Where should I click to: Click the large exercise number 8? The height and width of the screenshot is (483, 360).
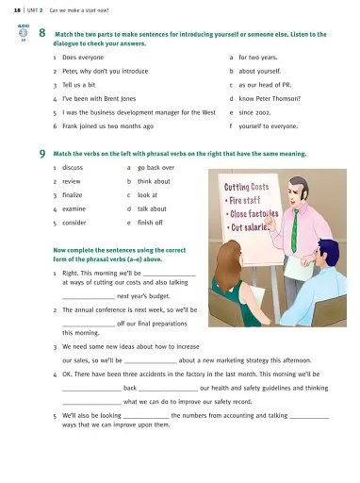[42, 33]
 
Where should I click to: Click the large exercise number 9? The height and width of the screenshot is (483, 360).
[42, 154]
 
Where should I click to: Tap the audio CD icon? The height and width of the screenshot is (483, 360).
[23, 33]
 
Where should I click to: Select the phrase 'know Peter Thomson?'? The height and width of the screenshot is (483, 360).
[270, 99]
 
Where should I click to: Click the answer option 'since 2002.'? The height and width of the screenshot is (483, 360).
[254, 112]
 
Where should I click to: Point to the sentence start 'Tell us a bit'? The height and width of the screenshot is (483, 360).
[79, 85]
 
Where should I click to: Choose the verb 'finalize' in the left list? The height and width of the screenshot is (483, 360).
[73, 195]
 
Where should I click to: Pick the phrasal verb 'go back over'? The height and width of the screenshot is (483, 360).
[155, 168]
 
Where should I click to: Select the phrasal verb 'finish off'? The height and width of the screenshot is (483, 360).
[150, 223]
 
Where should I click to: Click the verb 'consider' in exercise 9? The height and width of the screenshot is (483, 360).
[74, 223]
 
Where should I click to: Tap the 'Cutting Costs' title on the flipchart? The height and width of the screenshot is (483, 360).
[247, 187]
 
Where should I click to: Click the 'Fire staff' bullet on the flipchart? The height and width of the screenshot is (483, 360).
[243, 201]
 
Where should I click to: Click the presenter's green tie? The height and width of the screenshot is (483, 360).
[294, 230]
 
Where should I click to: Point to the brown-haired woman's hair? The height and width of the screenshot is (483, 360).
[228, 265]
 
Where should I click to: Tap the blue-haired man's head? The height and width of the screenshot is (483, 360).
[328, 251]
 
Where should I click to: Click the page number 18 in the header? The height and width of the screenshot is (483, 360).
[17, 10]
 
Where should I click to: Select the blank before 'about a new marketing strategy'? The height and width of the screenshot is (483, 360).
[151, 362]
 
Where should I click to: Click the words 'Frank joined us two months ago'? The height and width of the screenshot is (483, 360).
[108, 126]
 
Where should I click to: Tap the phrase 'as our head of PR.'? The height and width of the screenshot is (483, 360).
[265, 85]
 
